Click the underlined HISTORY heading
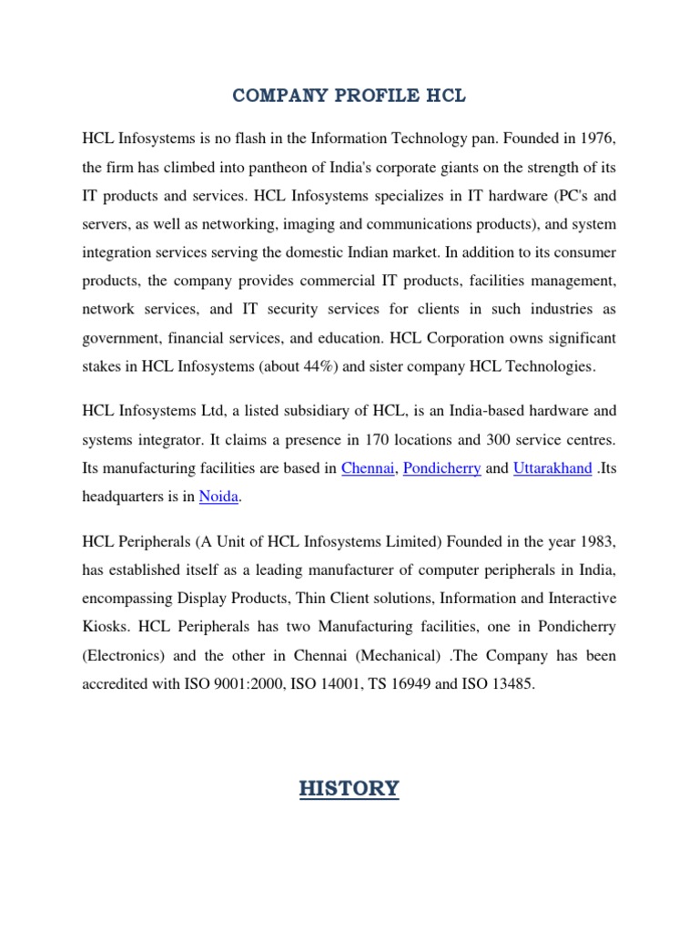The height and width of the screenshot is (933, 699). tap(349, 788)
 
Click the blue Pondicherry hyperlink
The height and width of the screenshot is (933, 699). tap(441, 468)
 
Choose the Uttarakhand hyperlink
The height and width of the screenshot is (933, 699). tap(552, 468)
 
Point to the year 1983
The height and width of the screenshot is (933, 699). tap(596, 542)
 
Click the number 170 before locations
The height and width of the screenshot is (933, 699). tap(390, 440)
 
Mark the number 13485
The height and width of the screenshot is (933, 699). tap(510, 684)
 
